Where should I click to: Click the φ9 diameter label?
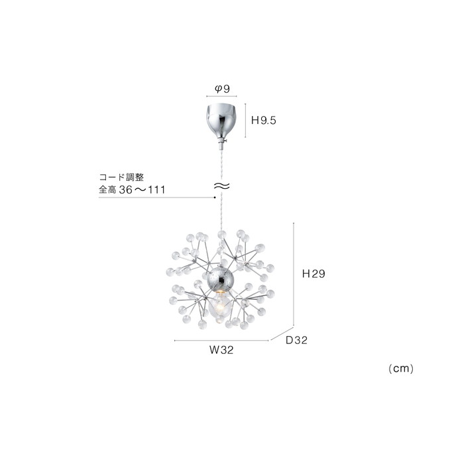point(222,89)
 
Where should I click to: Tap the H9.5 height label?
point(264,120)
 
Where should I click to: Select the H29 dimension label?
point(313,274)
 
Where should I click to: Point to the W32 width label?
point(221,350)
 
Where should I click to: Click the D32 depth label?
point(296,340)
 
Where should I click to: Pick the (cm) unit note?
point(401,369)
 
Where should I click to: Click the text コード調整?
point(121,177)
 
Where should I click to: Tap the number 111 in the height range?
point(156,190)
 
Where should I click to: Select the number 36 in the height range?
point(126,190)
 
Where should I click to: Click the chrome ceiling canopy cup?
point(221,120)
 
